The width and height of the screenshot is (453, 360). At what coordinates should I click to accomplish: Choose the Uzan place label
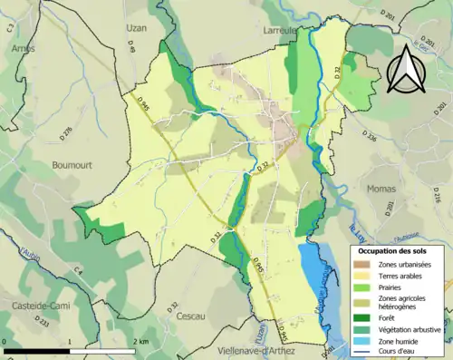tap(136, 28)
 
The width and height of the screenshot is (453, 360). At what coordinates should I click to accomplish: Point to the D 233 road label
tap(42, 321)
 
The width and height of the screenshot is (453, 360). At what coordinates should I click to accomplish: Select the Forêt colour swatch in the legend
tap(361, 316)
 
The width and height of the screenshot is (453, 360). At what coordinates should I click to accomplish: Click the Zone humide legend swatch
tap(361, 342)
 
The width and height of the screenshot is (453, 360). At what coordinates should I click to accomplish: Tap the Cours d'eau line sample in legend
tap(361, 353)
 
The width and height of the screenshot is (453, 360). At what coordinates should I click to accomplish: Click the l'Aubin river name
tap(27, 246)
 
